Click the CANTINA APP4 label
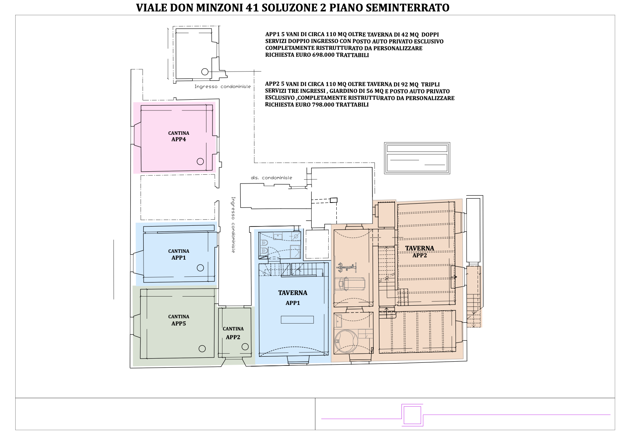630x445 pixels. tap(179, 136)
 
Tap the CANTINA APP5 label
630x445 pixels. tap(179, 320)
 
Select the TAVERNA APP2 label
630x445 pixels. tap(420, 252)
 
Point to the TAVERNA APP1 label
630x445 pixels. tap(293, 298)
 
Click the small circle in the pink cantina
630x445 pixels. tap(200, 161)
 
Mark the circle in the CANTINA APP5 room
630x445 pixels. tap(202, 349)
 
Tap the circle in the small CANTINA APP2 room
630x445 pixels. tap(245, 347)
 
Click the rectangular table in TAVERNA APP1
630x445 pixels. tap(297, 320)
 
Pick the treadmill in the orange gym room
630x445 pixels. tap(352, 284)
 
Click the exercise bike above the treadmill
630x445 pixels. tap(347, 267)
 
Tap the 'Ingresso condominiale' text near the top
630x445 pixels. tap(222, 86)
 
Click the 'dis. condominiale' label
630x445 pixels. tap(272, 178)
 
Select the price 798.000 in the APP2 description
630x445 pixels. tap(323, 105)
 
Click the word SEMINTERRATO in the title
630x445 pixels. tap(408, 8)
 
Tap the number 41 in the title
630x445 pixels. tap(252, 8)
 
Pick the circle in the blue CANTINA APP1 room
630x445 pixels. tap(200, 268)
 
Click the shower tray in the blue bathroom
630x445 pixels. tap(295, 251)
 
